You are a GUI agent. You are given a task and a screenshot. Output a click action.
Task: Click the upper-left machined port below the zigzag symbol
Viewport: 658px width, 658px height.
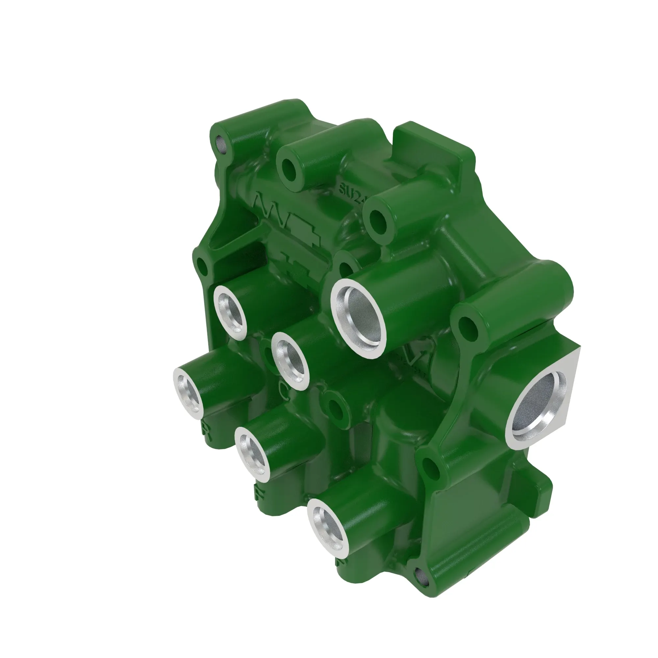230,312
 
